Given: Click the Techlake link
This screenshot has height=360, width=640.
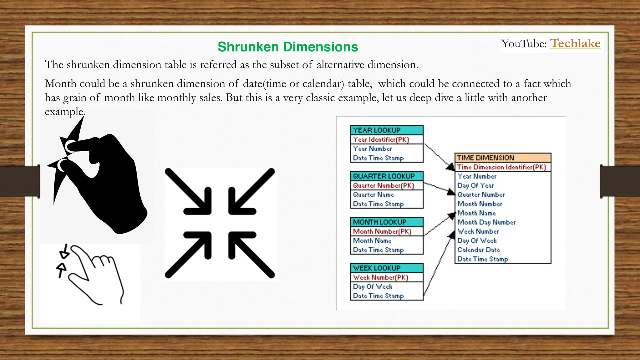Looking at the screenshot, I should coord(575,43).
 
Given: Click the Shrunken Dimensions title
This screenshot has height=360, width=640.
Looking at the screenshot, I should coord(287,47).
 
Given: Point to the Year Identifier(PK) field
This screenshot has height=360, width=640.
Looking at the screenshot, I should coord(381,139).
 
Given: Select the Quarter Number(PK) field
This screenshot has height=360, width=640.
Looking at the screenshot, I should coord(383,185).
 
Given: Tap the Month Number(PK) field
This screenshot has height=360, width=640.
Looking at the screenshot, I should coord(382,231).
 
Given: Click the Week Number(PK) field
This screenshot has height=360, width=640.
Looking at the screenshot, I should coord(381,277).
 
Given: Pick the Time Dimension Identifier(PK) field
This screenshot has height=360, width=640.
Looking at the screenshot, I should coord(501,167).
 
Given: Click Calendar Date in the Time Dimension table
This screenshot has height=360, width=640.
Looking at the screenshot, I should coord(478,250).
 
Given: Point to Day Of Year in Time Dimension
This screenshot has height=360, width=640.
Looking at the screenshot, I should coord(476,185).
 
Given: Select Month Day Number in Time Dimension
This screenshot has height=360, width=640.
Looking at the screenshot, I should coord(486,222).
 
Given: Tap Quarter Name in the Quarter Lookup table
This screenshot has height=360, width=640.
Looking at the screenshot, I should coord(373,195).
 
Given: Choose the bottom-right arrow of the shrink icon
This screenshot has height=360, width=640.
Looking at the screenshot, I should coord(251,254).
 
